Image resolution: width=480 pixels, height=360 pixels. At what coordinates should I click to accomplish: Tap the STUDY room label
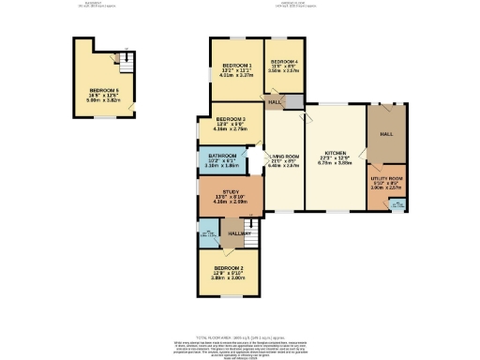[221, 192]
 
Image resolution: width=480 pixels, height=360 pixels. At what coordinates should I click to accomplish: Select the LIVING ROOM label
[284, 156]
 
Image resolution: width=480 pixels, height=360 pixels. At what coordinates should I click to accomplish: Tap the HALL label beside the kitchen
[386, 134]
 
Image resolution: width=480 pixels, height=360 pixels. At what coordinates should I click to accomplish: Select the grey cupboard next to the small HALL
[293, 101]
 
